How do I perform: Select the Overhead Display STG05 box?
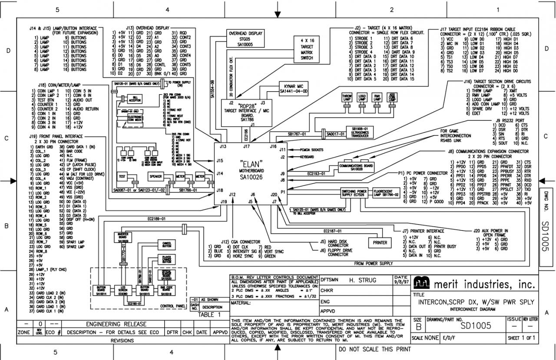point(246,38)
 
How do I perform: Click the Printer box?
point(380,243)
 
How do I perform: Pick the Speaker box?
point(156,177)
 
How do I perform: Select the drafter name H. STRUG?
point(363,281)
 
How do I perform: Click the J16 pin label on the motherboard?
point(273,146)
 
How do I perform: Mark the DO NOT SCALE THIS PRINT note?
point(374,349)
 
